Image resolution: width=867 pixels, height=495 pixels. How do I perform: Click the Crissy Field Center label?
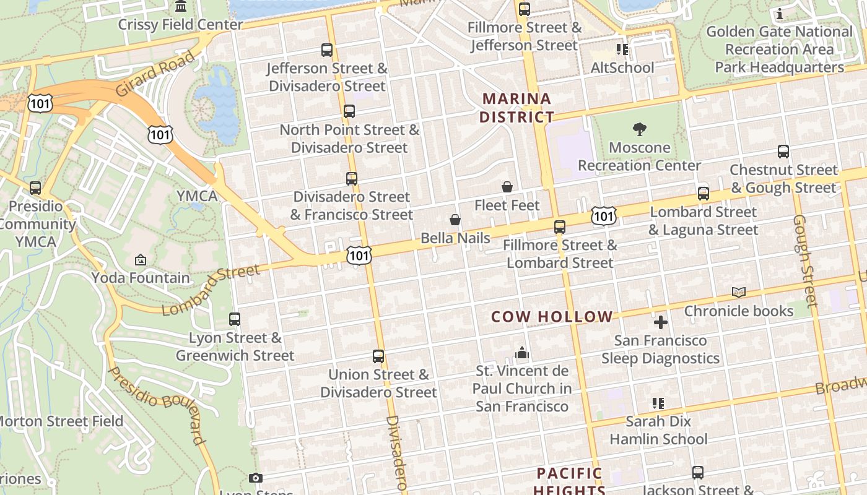click(181, 25)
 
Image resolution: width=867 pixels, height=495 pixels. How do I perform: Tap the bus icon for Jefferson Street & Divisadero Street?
click(327, 50)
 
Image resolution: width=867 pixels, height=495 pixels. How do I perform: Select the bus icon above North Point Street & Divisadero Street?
click(349, 111)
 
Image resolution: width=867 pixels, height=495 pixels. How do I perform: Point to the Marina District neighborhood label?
click(516, 108)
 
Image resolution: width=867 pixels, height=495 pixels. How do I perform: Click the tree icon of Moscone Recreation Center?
click(640, 129)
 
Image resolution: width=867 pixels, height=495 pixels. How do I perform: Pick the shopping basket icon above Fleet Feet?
click(507, 187)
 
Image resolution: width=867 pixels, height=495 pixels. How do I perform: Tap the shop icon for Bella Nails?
click(455, 220)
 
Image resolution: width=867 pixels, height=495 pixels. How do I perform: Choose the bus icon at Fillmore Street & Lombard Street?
click(560, 227)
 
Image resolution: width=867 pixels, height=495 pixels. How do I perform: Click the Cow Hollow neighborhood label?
click(552, 317)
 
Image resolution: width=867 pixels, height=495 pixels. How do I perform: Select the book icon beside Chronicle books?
click(739, 293)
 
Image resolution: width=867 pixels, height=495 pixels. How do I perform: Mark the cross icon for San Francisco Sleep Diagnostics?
click(661, 322)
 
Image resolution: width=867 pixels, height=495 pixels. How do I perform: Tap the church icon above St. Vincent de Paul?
click(522, 353)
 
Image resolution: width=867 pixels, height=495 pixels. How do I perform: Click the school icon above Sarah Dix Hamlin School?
click(658, 403)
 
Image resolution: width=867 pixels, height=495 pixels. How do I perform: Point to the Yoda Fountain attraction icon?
click(141, 260)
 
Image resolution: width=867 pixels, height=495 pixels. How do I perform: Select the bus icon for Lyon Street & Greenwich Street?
click(235, 319)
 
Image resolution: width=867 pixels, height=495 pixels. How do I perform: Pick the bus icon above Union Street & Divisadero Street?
click(378, 356)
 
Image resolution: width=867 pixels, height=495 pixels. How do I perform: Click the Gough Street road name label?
click(804, 260)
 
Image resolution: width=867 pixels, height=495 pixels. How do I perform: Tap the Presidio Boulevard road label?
click(157, 405)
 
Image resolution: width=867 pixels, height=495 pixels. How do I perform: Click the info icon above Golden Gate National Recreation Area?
click(779, 14)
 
